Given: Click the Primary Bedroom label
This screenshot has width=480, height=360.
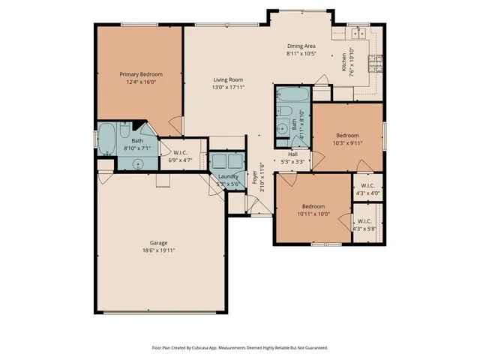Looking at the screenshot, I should (x=142, y=74).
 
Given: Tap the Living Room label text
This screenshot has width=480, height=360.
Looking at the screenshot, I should (x=228, y=79).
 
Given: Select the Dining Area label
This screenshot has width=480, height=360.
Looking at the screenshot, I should (x=301, y=46).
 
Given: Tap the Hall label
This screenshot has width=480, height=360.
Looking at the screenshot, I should (x=292, y=154).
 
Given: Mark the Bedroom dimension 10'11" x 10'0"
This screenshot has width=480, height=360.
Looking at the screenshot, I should (x=313, y=213).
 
